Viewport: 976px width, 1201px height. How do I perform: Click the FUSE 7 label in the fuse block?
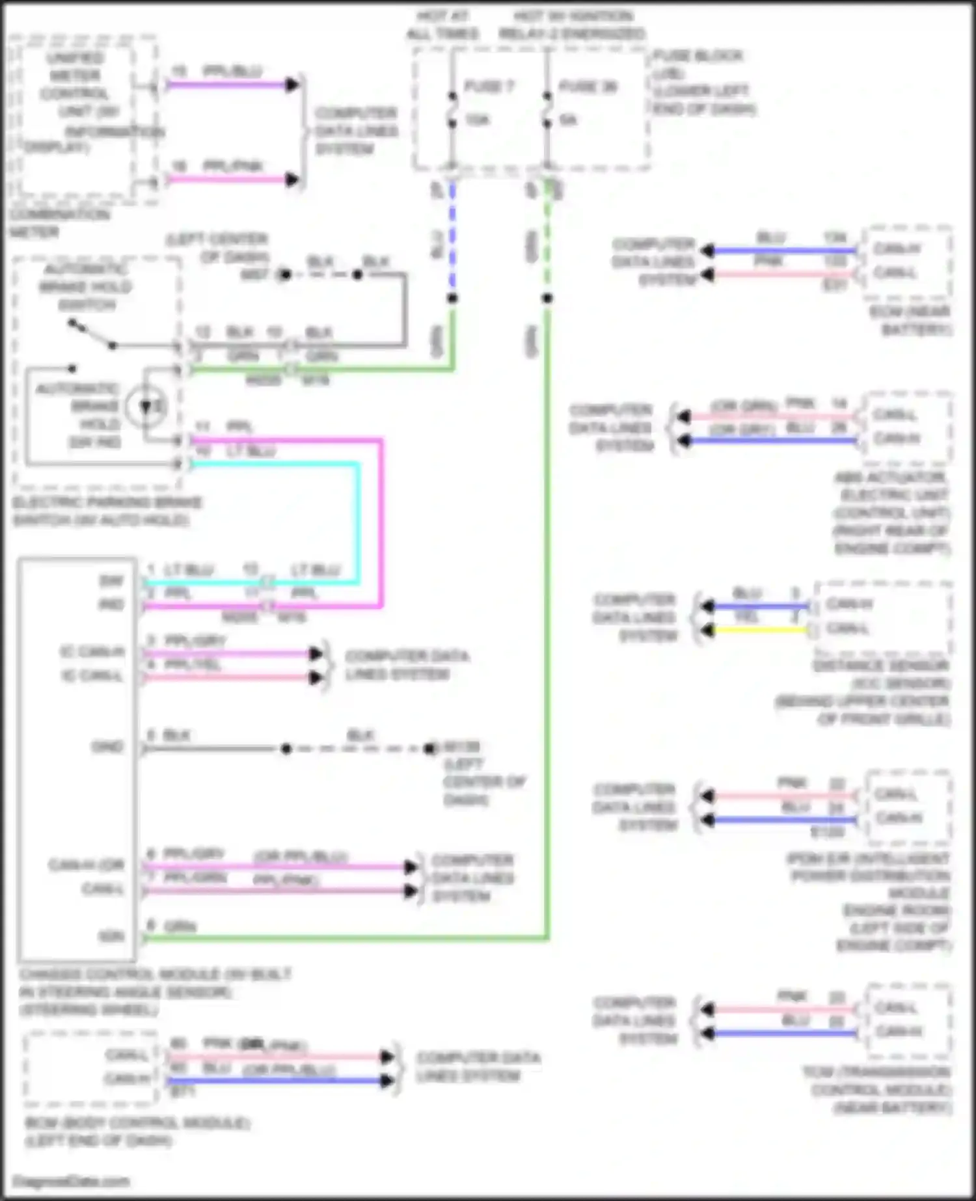(489, 87)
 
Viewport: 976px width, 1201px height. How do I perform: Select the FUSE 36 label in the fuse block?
(588, 87)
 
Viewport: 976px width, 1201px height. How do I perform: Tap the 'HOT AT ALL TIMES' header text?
(442, 25)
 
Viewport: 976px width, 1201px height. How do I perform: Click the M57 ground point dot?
(284, 275)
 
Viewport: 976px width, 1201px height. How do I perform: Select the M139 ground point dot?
(429, 749)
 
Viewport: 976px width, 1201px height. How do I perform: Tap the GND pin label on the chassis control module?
(107, 747)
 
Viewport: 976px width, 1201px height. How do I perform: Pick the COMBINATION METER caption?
(59, 223)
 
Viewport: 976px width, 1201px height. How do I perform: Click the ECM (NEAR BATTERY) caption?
(911, 321)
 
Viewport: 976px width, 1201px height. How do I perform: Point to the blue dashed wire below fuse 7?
(452, 241)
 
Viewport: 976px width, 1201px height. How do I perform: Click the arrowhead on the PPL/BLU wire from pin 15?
(292, 85)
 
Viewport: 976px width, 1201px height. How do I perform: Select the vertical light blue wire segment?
(357, 520)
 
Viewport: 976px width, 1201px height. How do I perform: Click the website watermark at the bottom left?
(71, 1181)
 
